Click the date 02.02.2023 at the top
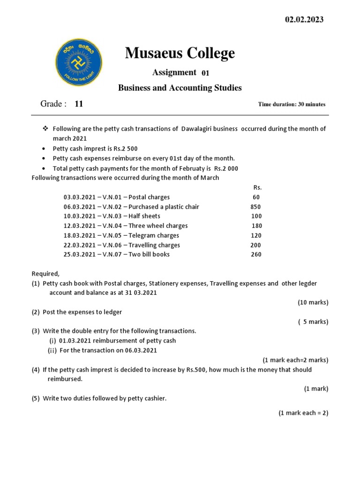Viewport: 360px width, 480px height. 304,20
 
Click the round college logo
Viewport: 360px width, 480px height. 79,62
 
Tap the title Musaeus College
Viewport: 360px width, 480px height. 180,53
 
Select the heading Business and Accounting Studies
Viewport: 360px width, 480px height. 180,88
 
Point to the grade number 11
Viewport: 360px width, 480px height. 79,104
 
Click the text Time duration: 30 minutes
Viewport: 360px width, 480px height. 292,104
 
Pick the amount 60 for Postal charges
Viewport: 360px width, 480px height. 255,197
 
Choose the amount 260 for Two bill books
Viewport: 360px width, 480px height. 256,255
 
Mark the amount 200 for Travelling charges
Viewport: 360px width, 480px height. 255,245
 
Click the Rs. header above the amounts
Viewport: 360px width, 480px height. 257,187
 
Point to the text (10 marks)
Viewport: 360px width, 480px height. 313,302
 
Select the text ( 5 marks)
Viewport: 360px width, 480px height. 313,322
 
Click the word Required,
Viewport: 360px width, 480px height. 45,274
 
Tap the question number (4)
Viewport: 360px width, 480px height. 36,370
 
